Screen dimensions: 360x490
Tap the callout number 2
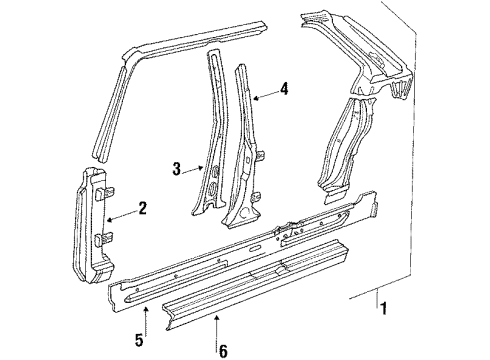[142, 209]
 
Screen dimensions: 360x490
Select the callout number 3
[177, 169]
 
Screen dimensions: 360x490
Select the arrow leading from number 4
[261, 95]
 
